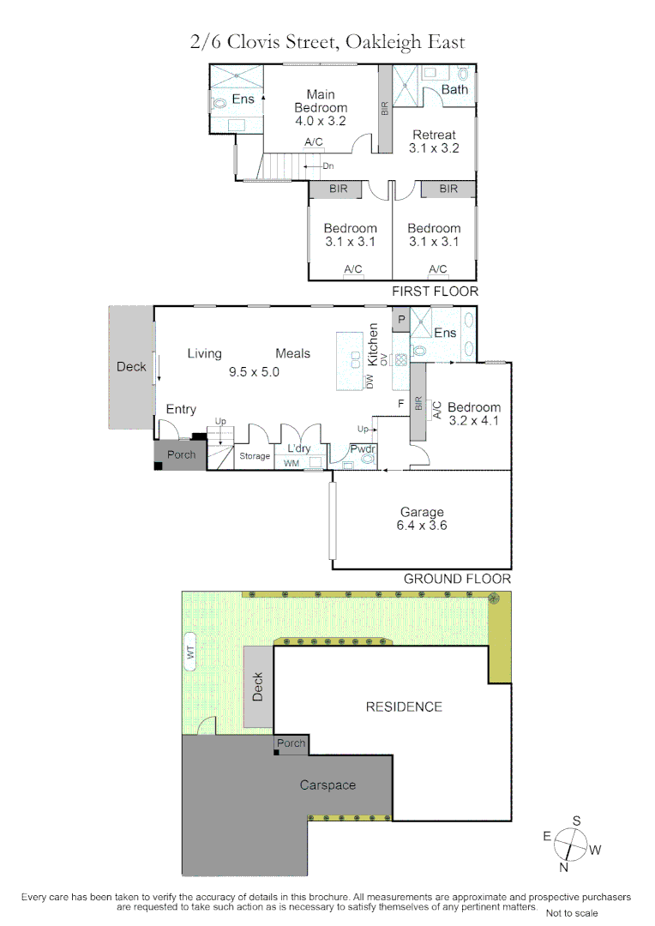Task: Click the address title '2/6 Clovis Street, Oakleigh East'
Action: pyautogui.click(x=327, y=41)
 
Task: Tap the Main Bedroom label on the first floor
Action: pyautogui.click(x=321, y=108)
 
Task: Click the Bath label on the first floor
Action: pyautogui.click(x=454, y=89)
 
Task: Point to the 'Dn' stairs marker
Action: pyautogui.click(x=328, y=166)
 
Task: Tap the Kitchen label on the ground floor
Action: pyautogui.click(x=373, y=345)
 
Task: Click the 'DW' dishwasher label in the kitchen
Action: pyautogui.click(x=370, y=383)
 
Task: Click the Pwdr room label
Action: pyautogui.click(x=360, y=448)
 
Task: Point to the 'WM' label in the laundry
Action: pyautogui.click(x=291, y=464)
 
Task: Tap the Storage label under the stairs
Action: pyautogui.click(x=255, y=456)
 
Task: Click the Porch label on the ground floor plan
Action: pyautogui.click(x=181, y=454)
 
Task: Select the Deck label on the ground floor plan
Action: pyautogui.click(x=131, y=366)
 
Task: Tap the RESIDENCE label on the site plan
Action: pyautogui.click(x=404, y=707)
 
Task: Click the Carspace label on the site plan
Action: pyautogui.click(x=327, y=785)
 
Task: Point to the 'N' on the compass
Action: pyautogui.click(x=564, y=867)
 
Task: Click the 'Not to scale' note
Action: pyautogui.click(x=572, y=913)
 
